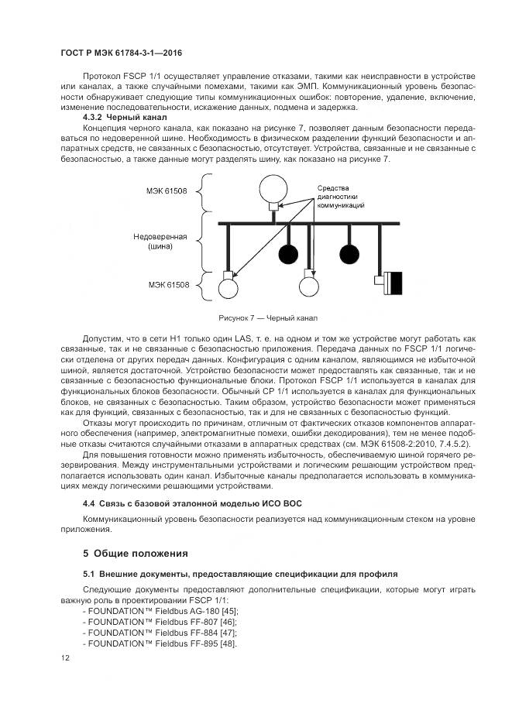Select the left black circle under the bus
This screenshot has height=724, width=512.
[x=289, y=252]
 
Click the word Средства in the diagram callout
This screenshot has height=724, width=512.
[x=335, y=188]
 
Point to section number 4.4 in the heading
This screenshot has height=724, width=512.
[x=90, y=504]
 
